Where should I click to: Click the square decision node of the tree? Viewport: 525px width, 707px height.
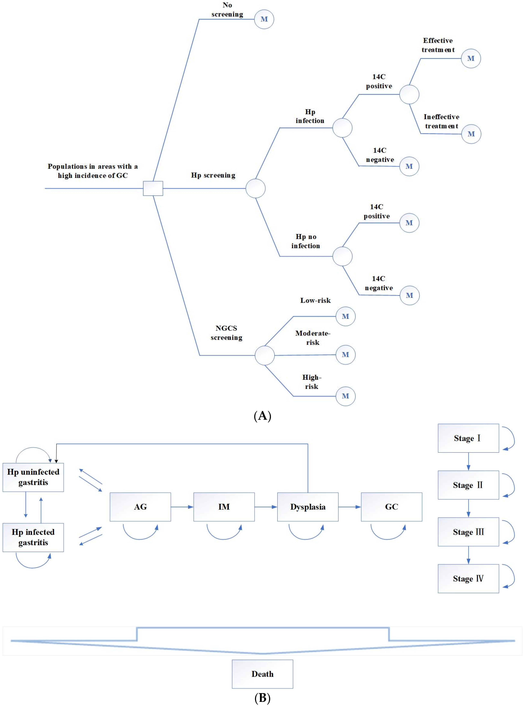(x=153, y=188)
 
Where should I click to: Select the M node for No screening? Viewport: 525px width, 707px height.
(x=264, y=19)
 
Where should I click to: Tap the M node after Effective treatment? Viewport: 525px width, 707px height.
(x=471, y=59)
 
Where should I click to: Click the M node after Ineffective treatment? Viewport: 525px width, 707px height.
(x=471, y=134)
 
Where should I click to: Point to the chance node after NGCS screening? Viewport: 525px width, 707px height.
(x=264, y=355)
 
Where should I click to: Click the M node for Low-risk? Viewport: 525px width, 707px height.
(x=345, y=316)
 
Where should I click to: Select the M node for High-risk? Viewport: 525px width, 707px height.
(x=345, y=396)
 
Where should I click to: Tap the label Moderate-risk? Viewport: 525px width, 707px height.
(x=313, y=338)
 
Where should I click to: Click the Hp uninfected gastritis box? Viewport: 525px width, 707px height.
(x=33, y=477)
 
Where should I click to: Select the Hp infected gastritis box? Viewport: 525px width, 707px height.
(x=33, y=537)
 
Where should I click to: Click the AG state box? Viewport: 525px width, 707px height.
(x=140, y=507)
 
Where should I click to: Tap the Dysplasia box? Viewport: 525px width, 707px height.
(x=308, y=507)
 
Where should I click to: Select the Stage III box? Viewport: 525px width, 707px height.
(x=468, y=532)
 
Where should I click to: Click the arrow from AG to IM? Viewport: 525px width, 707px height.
(x=182, y=507)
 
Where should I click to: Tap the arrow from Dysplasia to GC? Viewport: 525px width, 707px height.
(x=350, y=507)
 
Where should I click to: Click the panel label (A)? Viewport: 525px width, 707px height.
(x=262, y=416)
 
